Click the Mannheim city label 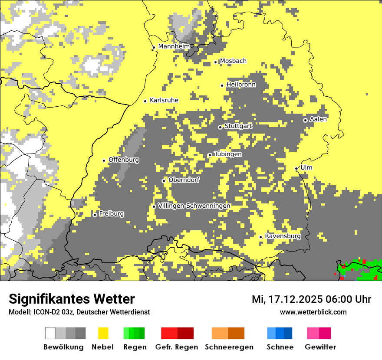click(174, 46)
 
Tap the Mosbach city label click(233, 61)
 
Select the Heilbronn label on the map click(241, 85)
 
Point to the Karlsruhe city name click(164, 100)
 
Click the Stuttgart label click(238, 126)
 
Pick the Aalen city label click(318, 119)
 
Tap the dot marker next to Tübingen click(210, 155)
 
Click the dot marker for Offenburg click(104, 160)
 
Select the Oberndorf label click(184, 180)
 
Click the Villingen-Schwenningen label click(194, 206)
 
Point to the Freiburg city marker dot click(95, 215)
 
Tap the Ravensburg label click(283, 236)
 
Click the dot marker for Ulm click(296, 168)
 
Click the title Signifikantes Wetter click(72, 299)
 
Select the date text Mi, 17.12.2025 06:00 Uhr click(311, 299)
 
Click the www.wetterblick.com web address click(313, 312)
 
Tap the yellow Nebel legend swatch click(103, 333)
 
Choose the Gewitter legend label click(320, 347)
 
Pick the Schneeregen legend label click(229, 347)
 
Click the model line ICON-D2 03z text click(79, 312)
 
